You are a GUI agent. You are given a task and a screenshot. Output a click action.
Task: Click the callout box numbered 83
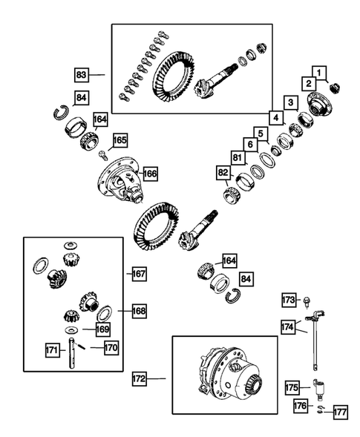82,74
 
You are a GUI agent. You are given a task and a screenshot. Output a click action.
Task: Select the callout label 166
151,174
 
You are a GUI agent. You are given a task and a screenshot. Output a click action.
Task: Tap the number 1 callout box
319,72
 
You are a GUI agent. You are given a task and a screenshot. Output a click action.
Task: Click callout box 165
120,139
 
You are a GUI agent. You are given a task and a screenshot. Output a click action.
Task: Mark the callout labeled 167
139,274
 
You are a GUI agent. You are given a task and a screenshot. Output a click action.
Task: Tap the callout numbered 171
52,348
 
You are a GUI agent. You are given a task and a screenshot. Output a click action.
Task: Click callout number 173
289,299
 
